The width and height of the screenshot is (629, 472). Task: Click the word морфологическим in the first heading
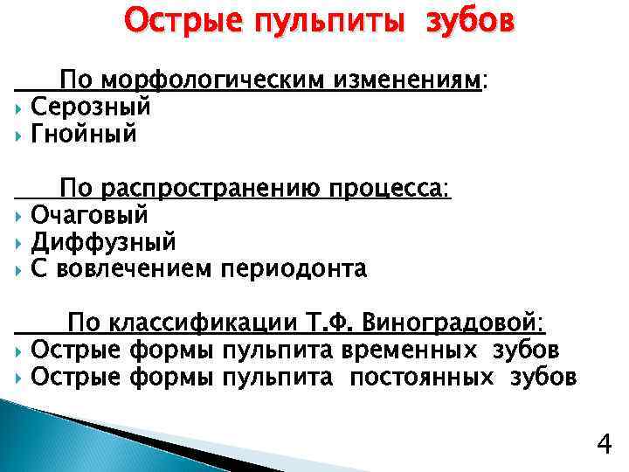click(x=215, y=82)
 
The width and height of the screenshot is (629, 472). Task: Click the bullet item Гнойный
click(x=84, y=135)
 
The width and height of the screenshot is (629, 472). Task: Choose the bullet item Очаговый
click(x=89, y=215)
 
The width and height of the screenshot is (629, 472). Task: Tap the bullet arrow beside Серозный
click(x=19, y=108)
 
